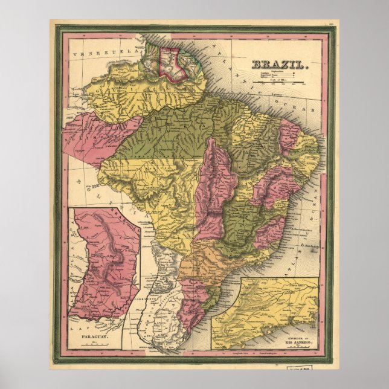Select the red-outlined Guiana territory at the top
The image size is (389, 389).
pos(171,64)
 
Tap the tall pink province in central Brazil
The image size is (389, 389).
pos(213,187)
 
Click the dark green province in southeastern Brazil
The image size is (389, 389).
pos(246,223)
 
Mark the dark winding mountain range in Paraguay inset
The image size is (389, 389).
pos(115,254)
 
